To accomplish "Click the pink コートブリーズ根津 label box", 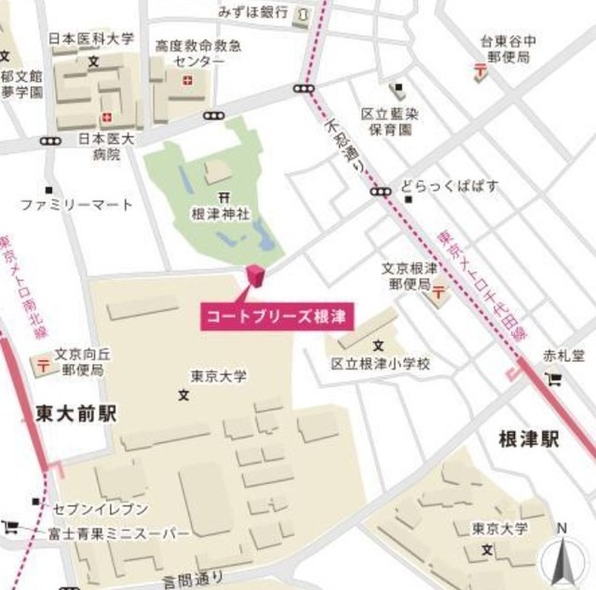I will point(275,315).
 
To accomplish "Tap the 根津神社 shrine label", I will point(221,213).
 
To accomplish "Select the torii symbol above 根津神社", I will point(222,196).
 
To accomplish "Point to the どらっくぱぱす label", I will point(450,187).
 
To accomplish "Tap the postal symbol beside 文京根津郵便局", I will point(437,297).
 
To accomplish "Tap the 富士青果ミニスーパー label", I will point(106,533).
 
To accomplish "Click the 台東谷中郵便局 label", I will point(508,48).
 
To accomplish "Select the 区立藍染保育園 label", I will point(387,122).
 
